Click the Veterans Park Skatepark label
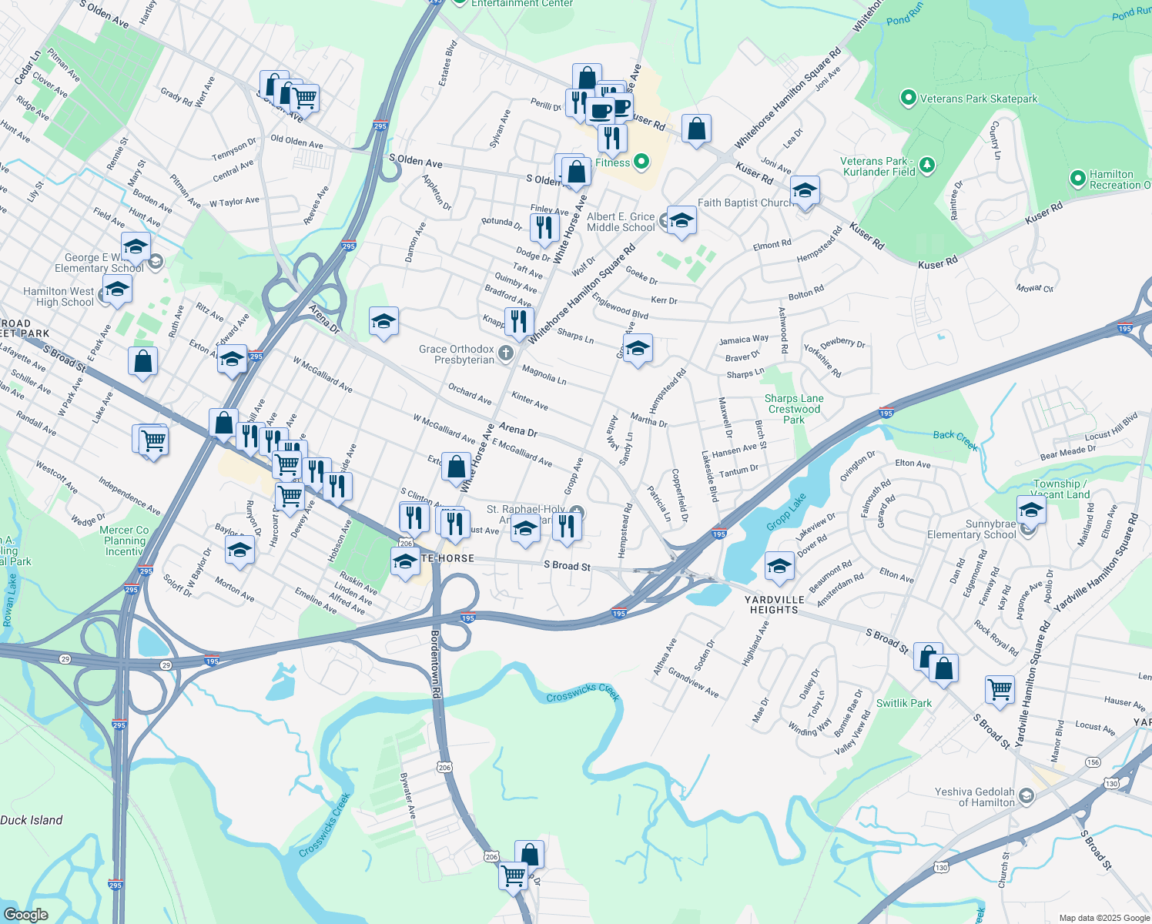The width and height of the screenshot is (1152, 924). click(x=979, y=99)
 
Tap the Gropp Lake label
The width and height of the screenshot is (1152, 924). click(x=786, y=513)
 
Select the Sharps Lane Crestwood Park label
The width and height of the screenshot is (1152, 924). click(x=794, y=409)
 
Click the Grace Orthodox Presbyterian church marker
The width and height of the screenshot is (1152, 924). click(x=506, y=353)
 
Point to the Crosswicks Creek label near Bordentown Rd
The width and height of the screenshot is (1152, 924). click(x=583, y=692)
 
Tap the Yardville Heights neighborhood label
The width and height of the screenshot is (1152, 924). click(x=774, y=604)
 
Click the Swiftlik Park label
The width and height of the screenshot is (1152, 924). click(x=904, y=703)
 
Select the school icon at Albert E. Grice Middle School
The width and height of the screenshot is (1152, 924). click(x=681, y=221)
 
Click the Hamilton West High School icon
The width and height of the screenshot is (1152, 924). click(x=117, y=290)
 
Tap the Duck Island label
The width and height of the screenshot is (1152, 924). click(x=32, y=820)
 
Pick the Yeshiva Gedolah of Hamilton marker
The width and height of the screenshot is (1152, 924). click(x=1026, y=795)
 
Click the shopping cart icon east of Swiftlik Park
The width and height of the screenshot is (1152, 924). click(x=1000, y=688)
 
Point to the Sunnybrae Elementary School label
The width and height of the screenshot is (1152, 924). click(x=972, y=529)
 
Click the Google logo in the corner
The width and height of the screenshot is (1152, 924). click(x=25, y=914)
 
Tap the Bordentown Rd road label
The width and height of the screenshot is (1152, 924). click(x=435, y=664)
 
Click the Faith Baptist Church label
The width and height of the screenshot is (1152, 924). click(x=745, y=203)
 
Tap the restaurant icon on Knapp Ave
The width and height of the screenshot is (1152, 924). click(x=519, y=321)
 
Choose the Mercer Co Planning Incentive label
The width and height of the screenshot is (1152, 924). click(x=125, y=541)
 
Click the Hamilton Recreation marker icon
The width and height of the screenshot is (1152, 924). click(x=1078, y=179)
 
